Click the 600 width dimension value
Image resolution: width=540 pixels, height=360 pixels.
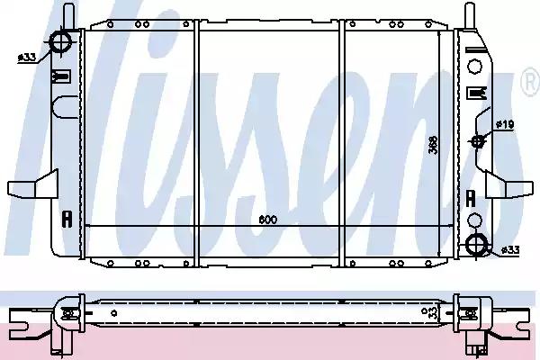point(268,220)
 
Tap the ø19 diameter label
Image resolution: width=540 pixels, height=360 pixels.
point(505,124)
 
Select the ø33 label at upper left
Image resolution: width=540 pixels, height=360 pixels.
point(27,58)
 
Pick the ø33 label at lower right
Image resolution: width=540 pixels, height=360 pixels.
point(510,250)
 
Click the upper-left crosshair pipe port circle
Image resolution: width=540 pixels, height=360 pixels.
point(61,42)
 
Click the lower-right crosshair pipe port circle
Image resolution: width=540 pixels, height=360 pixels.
point(477,244)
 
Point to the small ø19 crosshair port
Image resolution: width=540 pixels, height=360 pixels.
point(478,141)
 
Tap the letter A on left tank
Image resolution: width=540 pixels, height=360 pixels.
point(67,219)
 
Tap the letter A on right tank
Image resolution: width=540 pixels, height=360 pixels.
point(471,198)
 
